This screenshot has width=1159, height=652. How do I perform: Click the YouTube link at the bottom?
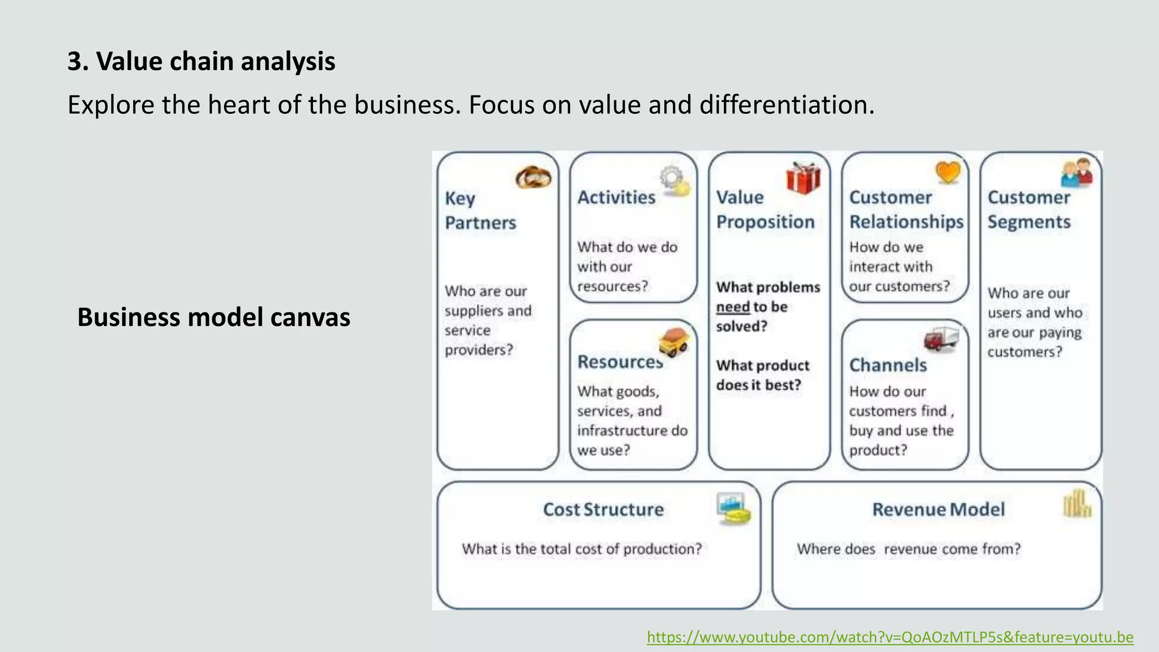click(x=890, y=637)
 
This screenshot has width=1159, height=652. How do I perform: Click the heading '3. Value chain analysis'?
click(x=201, y=61)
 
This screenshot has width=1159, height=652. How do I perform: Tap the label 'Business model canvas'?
click(x=213, y=317)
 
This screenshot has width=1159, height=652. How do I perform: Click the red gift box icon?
click(x=803, y=178)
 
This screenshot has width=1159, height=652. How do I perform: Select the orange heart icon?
click(x=948, y=172)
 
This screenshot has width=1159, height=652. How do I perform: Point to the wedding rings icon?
click(x=533, y=178)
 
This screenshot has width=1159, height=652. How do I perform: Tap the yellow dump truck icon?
click(x=674, y=342)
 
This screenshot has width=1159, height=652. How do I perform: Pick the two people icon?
click(x=1076, y=173)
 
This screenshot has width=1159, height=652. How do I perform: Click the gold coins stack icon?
click(x=1077, y=504)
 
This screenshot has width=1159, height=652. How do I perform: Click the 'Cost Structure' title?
click(x=603, y=509)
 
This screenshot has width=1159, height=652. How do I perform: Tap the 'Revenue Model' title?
click(x=938, y=509)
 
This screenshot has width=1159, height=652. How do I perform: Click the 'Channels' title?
click(x=888, y=365)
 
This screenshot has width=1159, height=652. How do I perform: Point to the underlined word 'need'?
click(x=733, y=307)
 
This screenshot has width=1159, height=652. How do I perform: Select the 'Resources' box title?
click(x=619, y=362)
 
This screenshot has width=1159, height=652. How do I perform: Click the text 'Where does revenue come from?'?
click(x=908, y=549)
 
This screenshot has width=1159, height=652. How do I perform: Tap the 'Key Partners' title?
click(x=480, y=211)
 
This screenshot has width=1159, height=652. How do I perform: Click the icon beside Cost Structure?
click(x=733, y=508)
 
